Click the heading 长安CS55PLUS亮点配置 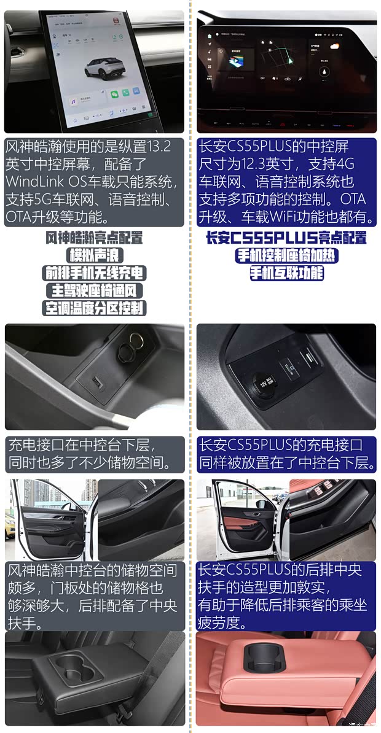click(285, 238)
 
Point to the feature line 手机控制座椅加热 click(285, 255)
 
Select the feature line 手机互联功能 click(285, 273)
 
